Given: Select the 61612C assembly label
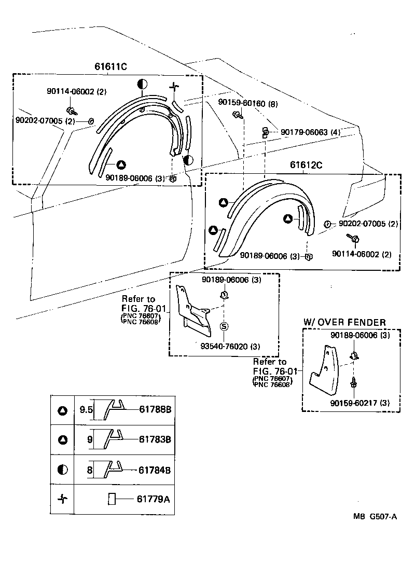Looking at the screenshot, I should tap(306, 165).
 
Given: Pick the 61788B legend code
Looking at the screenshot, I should tap(155, 409).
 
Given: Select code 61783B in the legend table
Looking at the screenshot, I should tap(155, 439).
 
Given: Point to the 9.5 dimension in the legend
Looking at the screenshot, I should tap(86, 409).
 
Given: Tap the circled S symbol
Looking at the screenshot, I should tap(224, 326).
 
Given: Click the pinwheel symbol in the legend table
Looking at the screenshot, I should tap(62, 499).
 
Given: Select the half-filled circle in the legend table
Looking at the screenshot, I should tap(62, 470).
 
